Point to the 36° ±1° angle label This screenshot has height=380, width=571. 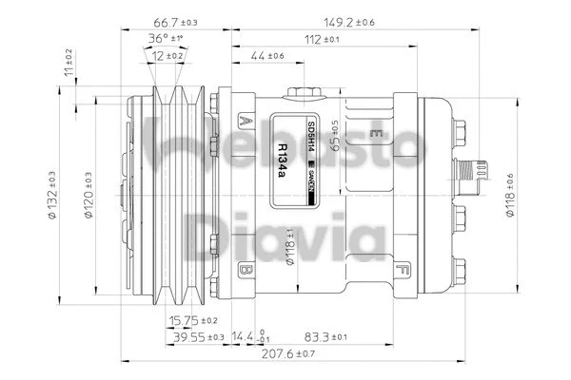pyautogui.click(x=165, y=39)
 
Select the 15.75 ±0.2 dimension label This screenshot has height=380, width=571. pyautogui.click(x=193, y=320)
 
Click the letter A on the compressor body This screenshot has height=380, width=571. pyautogui.click(x=246, y=121)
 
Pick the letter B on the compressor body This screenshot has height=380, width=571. pyautogui.click(x=246, y=269)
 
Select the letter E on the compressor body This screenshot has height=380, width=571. pyautogui.click(x=378, y=130)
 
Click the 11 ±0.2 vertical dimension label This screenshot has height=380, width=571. pyautogui.click(x=68, y=61)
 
